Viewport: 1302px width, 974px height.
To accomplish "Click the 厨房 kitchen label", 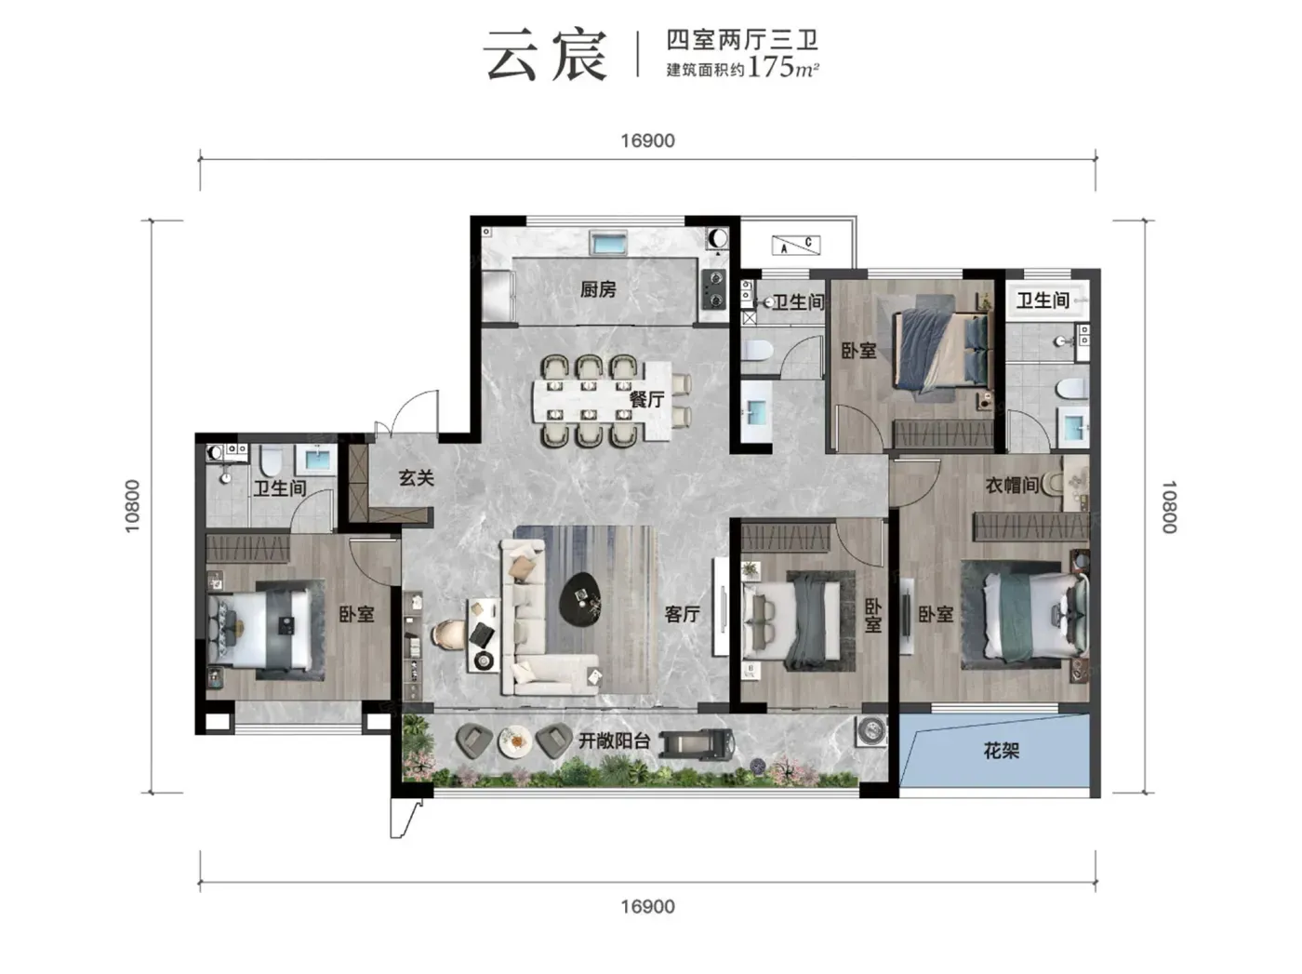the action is click(597, 289).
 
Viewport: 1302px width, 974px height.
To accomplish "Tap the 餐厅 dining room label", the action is click(646, 398).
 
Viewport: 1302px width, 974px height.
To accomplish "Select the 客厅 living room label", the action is click(682, 614).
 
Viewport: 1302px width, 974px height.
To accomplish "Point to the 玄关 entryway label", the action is click(416, 477).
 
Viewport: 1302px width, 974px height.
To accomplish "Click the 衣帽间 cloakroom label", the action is click(1012, 486).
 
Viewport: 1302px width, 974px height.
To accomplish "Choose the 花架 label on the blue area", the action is click(1002, 751).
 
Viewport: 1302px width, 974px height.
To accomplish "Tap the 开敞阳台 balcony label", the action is click(614, 741).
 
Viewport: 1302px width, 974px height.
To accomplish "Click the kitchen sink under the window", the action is click(608, 243).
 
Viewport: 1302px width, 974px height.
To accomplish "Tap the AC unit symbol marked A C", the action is click(796, 245).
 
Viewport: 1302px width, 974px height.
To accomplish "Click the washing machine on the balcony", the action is click(870, 730).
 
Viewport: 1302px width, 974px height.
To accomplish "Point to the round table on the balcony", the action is click(514, 741).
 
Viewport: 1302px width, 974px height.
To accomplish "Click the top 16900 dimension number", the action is click(647, 141).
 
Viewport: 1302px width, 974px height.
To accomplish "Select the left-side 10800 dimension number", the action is click(133, 506).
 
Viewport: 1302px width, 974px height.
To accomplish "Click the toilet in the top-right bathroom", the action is click(1071, 390).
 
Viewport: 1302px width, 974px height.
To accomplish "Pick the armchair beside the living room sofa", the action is click(446, 634).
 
